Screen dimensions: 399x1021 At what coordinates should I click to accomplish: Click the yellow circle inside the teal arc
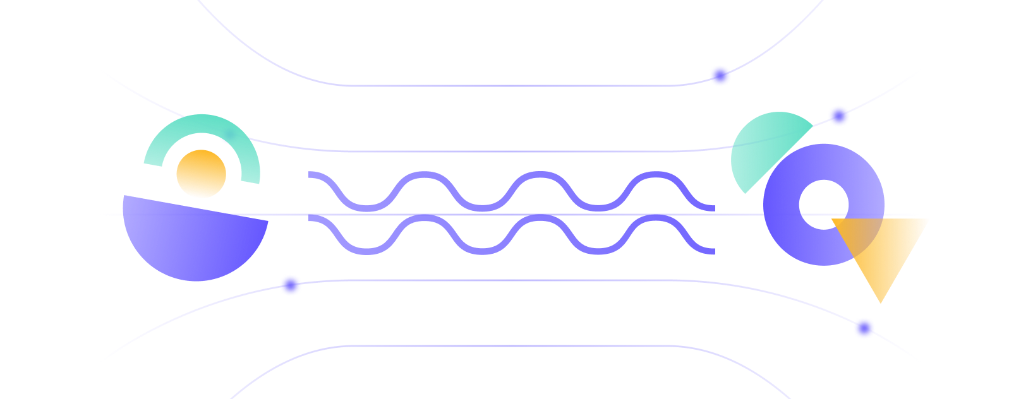click(x=201, y=174)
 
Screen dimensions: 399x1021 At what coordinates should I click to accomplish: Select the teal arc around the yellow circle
click(x=202, y=124)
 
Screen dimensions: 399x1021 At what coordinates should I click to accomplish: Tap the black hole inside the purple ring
click(x=823, y=204)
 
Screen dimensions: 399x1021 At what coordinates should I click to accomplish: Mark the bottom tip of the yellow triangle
click(x=880, y=302)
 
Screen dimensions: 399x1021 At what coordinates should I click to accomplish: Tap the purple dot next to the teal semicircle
click(x=838, y=116)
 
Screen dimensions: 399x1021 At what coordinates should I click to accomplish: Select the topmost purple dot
click(x=720, y=76)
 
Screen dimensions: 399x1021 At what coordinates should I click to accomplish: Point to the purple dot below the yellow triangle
click(x=864, y=328)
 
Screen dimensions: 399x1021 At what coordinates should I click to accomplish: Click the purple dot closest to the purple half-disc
click(x=291, y=285)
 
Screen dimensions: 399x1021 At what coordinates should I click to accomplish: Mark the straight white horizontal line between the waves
click(x=505, y=215)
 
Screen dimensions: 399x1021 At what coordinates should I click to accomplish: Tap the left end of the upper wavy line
click(x=310, y=174)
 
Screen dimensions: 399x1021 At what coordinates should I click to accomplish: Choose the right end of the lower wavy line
click(x=713, y=251)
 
